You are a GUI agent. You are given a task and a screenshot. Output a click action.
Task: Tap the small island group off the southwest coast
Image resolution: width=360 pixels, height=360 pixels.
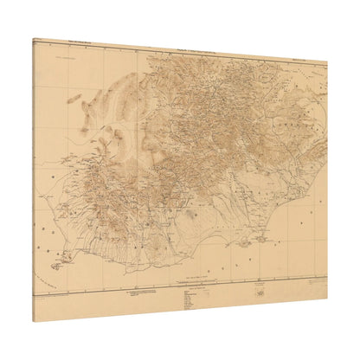click(x=57, y=265)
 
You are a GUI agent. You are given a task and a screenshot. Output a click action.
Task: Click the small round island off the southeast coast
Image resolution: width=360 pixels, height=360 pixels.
click(x=244, y=243)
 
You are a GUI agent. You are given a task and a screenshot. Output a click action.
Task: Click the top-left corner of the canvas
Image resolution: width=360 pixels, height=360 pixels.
click(x=32, y=37)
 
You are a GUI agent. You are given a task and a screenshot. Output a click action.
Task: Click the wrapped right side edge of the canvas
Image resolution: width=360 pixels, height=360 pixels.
click(x=328, y=182)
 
